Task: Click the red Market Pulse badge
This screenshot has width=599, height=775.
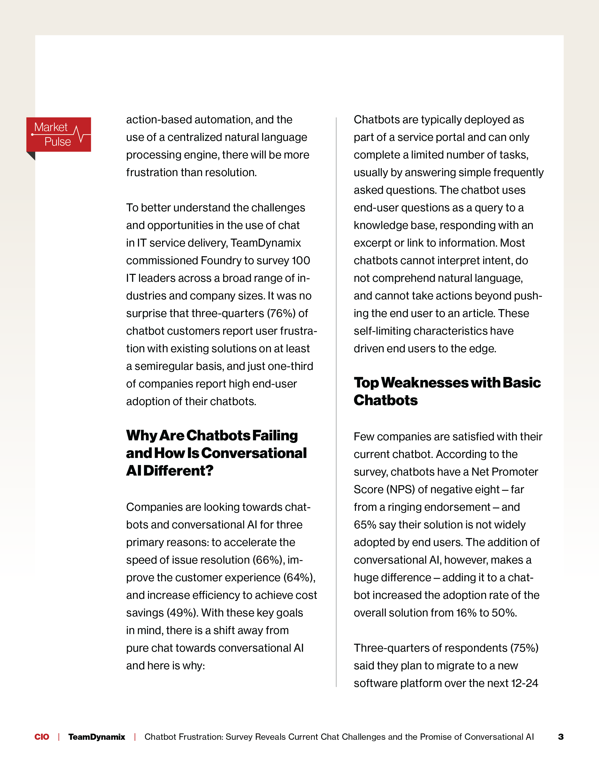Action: pos(58,135)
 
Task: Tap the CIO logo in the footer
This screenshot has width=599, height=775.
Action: pos(42,737)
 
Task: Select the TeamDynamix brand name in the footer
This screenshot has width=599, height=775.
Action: pos(97,737)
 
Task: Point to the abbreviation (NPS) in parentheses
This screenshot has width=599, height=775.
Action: pos(401,490)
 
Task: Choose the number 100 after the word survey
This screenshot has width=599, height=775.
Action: pos(301,260)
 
